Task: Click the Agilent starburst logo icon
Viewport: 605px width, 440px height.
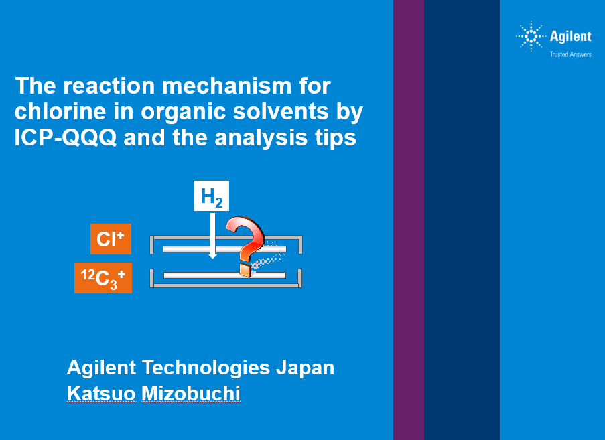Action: (531, 36)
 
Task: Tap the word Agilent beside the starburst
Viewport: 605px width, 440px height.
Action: (570, 36)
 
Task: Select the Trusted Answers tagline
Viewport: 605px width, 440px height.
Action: (571, 54)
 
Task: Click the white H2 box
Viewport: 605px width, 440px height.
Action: (212, 196)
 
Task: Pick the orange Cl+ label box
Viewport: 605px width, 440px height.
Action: (111, 239)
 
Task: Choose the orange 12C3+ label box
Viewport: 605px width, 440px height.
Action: (103, 278)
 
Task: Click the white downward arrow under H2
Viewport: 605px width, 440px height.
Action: (212, 236)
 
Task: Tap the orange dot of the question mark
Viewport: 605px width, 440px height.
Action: (245, 270)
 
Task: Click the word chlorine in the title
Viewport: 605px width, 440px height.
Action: (60, 111)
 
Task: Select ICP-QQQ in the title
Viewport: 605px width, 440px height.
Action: (66, 137)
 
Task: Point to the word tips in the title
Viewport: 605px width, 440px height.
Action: (335, 138)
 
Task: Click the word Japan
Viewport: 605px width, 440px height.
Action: (305, 368)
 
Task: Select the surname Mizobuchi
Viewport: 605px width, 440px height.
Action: (190, 394)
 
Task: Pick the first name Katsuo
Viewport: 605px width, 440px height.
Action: (101, 394)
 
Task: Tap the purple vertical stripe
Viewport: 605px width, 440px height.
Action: (409, 220)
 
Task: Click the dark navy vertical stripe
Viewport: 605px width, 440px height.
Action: (462, 220)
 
